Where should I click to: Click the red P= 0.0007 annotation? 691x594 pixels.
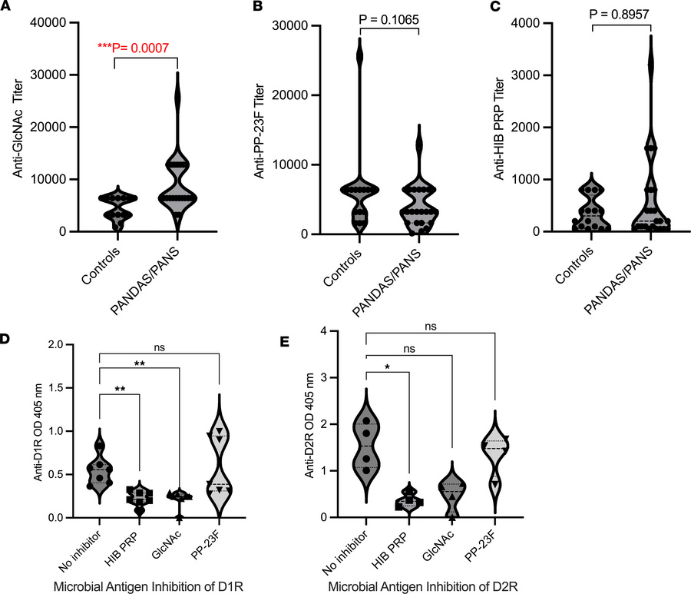pyautogui.click(x=138, y=48)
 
